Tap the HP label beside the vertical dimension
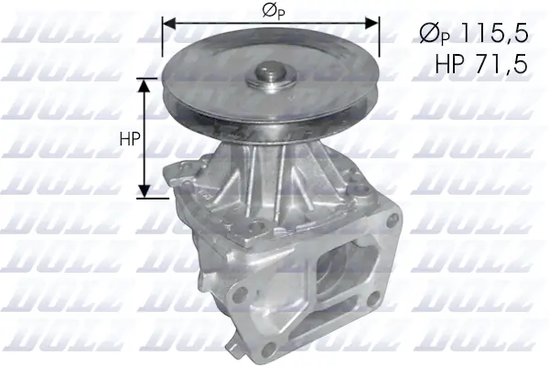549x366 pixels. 129,139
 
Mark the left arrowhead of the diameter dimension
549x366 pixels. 167,22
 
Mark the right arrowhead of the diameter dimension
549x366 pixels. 374,22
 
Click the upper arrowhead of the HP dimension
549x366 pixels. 145,84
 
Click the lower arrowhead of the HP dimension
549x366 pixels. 145,191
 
